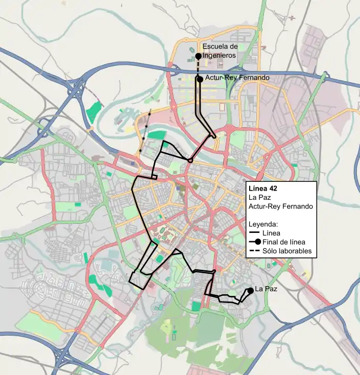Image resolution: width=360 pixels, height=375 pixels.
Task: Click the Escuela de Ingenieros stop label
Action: click(220, 51)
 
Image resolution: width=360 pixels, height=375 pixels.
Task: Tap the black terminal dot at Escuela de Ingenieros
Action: click(198, 56)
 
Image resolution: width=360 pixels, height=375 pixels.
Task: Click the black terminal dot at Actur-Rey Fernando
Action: click(200, 79)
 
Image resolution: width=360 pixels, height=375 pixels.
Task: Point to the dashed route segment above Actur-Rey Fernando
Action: click(199, 67)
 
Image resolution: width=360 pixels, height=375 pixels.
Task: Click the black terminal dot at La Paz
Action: click(251, 291)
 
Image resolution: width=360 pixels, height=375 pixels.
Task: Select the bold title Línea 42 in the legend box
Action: click(262, 188)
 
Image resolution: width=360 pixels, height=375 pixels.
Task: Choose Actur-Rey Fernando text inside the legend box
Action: click(280, 206)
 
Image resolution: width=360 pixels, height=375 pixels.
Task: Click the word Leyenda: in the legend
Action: click(263, 224)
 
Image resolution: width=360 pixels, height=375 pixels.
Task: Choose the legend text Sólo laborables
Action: click(286, 251)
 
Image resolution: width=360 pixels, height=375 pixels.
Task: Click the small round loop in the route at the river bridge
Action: click(190, 160)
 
